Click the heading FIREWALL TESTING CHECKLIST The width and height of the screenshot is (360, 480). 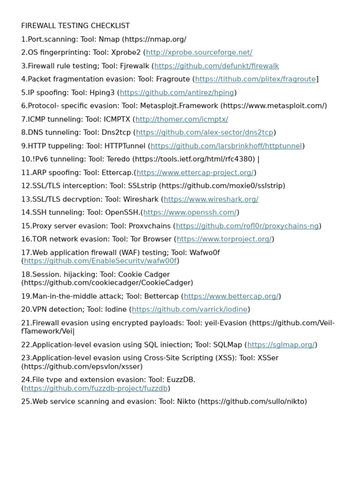coord(75,26)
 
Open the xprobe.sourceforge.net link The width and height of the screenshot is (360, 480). coord(199,52)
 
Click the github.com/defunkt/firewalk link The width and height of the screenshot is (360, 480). coord(217,66)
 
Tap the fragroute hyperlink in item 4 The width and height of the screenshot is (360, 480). coord(255,79)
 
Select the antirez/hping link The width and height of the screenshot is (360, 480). coord(177,93)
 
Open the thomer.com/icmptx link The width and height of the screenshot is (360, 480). coord(181,120)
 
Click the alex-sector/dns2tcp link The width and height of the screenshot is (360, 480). coord(204,133)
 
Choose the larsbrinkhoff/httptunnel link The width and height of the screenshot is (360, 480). coord(226,146)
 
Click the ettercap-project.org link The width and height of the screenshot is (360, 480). coord(195,172)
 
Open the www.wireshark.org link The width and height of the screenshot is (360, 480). coord(211,199)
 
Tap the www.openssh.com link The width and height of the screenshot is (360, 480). coord(190,213)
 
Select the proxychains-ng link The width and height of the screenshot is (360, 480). coord(247,226)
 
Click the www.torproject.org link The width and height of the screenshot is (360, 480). coord(224,240)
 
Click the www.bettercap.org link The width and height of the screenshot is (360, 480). coord(231,296)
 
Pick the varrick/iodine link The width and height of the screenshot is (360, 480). coord(189,309)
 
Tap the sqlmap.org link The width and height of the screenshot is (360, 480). coord(281,345)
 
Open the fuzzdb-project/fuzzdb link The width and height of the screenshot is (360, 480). coord(96,389)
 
